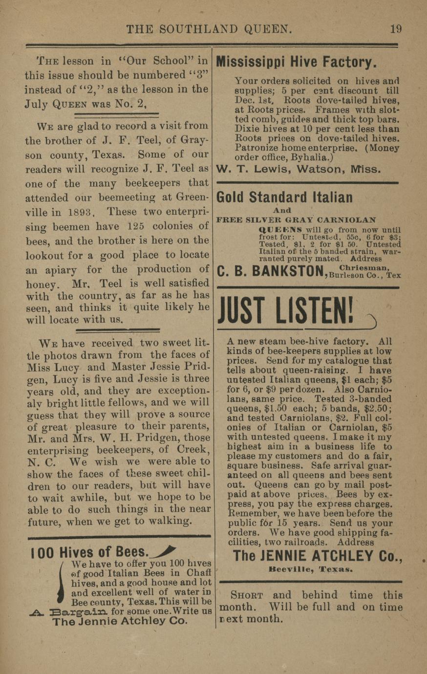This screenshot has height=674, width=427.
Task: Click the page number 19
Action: [x=396, y=29]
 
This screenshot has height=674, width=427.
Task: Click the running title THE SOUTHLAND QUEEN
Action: [x=209, y=30]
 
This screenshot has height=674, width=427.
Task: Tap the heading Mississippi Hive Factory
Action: [x=296, y=62]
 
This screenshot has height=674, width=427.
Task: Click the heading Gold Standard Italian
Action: [x=284, y=197]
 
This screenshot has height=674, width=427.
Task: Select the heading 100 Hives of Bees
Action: [x=88, y=552]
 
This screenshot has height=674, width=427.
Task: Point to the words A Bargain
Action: [x=69, y=611]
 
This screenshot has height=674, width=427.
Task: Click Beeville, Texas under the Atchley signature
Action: [x=310, y=570]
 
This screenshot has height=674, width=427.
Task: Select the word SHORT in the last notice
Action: [x=247, y=596]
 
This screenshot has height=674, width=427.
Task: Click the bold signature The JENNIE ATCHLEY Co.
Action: [x=318, y=556]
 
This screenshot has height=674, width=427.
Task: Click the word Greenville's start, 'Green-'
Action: [x=192, y=198]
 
